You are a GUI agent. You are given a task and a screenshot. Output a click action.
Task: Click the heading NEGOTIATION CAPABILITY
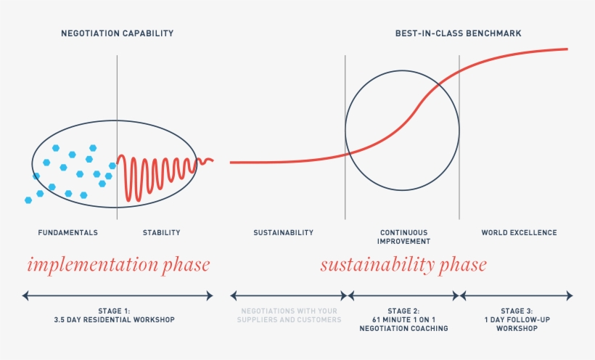click(x=117, y=33)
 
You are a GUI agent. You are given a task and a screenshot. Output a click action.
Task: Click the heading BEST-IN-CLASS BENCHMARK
click(x=458, y=33)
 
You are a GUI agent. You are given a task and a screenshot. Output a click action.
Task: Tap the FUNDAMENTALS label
click(x=67, y=233)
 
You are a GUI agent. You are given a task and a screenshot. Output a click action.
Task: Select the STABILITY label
click(x=161, y=233)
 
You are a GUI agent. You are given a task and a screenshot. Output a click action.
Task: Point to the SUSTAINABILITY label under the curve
click(x=283, y=233)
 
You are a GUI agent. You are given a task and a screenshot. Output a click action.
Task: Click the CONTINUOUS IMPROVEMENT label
click(x=404, y=237)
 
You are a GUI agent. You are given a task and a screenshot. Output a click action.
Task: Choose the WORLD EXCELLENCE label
click(x=519, y=233)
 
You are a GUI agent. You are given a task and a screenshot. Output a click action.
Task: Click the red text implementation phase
click(x=118, y=265)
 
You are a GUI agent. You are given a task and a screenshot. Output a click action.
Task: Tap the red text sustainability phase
click(x=403, y=265)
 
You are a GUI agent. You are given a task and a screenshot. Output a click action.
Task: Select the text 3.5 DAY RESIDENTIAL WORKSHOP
click(x=115, y=319)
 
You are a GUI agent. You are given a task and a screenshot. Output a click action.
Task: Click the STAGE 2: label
click(x=403, y=310)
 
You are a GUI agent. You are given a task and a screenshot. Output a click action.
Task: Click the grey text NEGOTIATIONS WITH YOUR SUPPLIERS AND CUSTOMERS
click(x=289, y=315)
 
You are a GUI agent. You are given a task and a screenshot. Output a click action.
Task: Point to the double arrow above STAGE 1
click(x=118, y=295)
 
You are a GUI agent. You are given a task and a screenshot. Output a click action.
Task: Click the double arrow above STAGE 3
click(x=517, y=295)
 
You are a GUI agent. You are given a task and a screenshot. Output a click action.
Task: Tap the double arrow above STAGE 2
click(x=403, y=295)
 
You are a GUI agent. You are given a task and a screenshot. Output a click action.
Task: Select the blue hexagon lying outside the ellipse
click(x=28, y=200)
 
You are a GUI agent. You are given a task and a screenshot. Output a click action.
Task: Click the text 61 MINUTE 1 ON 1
click(x=403, y=319)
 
